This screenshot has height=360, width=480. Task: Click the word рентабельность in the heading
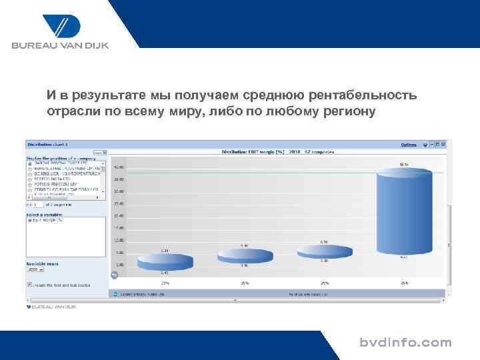point(364,95)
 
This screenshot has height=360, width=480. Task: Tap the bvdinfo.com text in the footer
point(405,343)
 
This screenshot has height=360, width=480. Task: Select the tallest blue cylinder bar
point(402,213)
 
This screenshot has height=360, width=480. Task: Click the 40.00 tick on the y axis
point(119,167)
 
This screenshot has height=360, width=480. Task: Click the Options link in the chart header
point(408,144)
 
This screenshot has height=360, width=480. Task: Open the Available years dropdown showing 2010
point(35,270)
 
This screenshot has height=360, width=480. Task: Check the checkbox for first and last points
point(29,284)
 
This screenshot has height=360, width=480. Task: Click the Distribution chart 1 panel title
point(43,144)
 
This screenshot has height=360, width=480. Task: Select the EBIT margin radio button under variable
point(29,221)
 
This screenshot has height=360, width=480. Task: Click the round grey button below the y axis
point(114,275)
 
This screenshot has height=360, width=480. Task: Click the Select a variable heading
point(42,214)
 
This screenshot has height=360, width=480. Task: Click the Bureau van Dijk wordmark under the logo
point(59,46)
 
